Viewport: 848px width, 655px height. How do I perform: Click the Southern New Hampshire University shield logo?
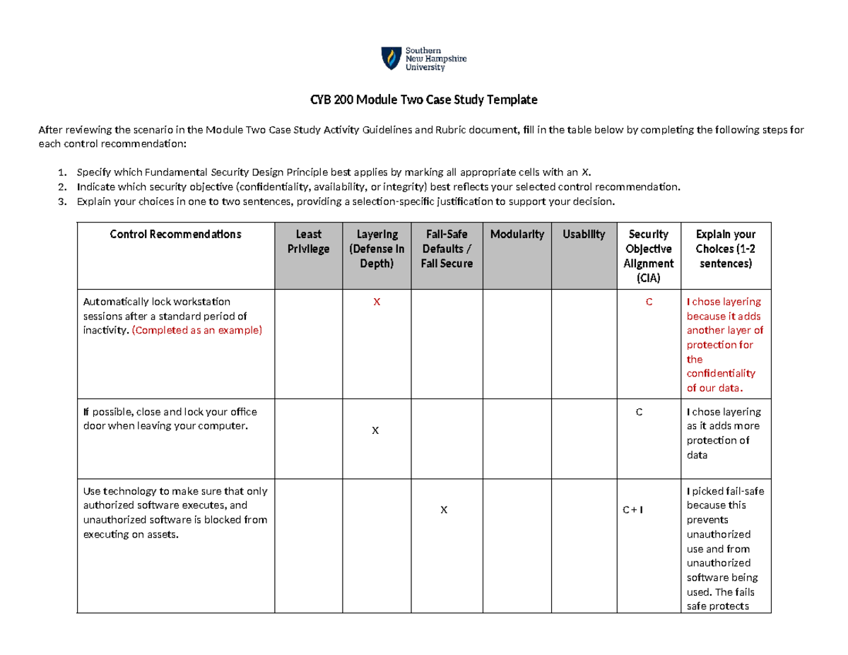coord(389,59)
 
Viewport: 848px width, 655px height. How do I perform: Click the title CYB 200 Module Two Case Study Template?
coord(424,100)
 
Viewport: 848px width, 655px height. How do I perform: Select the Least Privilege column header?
coord(308,241)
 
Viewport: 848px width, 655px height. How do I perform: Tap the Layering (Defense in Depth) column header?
coord(376,248)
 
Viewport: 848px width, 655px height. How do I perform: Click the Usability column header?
coord(584,234)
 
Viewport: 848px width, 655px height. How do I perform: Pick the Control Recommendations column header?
coord(175,234)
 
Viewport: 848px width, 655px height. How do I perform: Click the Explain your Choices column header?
coord(725,248)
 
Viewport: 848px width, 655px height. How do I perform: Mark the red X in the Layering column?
coord(376,302)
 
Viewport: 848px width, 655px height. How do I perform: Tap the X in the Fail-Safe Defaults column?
coord(443,510)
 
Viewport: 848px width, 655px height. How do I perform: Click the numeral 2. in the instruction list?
coord(63,187)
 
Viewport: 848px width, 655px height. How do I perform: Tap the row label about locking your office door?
coord(170,418)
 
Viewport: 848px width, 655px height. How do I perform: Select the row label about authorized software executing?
coord(175,512)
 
